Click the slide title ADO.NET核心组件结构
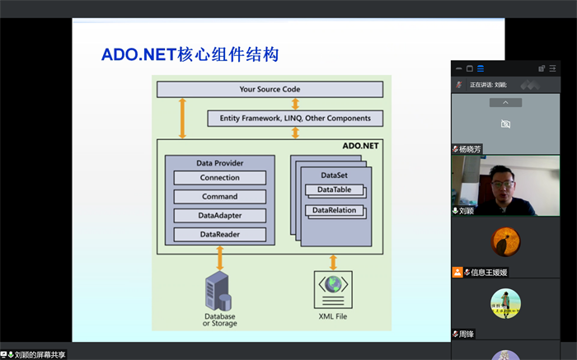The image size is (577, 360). click(x=190, y=55)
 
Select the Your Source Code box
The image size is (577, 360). click(x=270, y=89)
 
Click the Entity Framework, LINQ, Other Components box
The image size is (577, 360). click(x=295, y=118)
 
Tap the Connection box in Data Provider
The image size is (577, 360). click(x=219, y=178)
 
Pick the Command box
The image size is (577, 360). click(x=219, y=197)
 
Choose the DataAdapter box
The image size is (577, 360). click(x=219, y=216)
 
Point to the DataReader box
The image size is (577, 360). click(x=219, y=235)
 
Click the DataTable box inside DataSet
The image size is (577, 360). click(x=334, y=190)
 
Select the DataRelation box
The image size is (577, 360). click(x=334, y=211)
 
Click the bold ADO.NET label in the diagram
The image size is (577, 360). click(x=359, y=146)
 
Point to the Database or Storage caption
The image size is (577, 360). click(x=219, y=320)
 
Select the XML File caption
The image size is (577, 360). click(x=333, y=316)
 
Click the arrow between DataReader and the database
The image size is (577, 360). click(x=219, y=257)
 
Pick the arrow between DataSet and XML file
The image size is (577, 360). click(x=333, y=262)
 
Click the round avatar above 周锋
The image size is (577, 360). click(x=505, y=302)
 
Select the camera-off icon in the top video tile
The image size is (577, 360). click(x=505, y=124)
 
